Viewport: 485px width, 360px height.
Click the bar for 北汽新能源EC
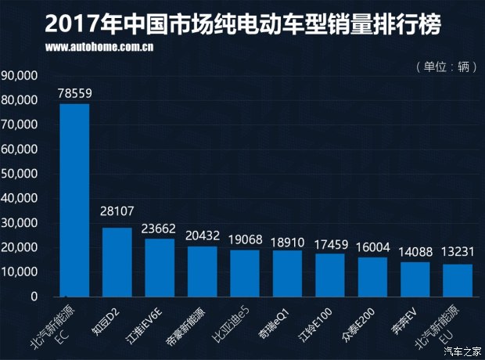pos(75,200)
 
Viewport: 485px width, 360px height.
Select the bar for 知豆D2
pos(117,262)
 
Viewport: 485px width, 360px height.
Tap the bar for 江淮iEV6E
pos(160,268)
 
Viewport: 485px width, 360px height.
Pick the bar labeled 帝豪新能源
pos(203,272)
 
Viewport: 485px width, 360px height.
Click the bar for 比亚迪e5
pos(245,273)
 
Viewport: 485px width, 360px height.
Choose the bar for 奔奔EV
pos(415,279)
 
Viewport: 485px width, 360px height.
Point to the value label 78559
pos(75,93)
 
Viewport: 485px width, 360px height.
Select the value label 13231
pos(458,254)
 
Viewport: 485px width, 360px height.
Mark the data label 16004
pos(372,247)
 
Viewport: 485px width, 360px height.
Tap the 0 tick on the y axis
pos(34,297)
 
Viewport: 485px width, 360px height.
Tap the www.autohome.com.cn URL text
pos(99,48)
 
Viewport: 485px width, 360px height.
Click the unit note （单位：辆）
pos(446,67)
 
